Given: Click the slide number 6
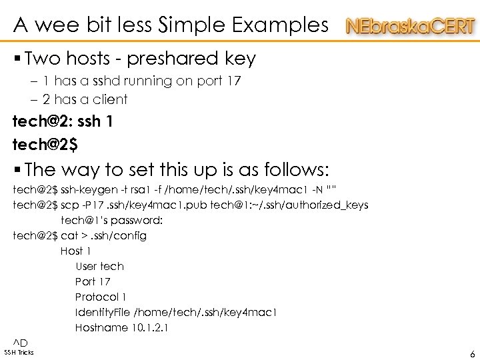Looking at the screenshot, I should pyautogui.click(x=472, y=355).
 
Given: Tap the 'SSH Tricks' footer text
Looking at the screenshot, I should pyautogui.click(x=19, y=352).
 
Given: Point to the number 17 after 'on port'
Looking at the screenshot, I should pyautogui.click(x=234, y=81).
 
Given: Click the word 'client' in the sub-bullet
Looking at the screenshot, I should pyautogui.click(x=111, y=99).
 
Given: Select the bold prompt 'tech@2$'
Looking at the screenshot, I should pyautogui.click(x=41, y=143).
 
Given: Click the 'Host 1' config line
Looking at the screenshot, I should pyautogui.click(x=75, y=251).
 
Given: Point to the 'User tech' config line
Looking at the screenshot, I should pyautogui.click(x=99, y=266).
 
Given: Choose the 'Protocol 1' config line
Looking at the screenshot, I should pyautogui.click(x=101, y=297).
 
